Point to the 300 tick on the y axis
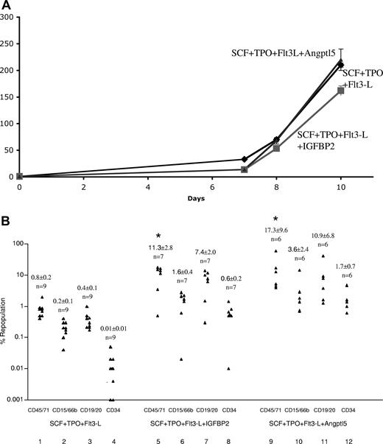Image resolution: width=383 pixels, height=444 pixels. [7, 15]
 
